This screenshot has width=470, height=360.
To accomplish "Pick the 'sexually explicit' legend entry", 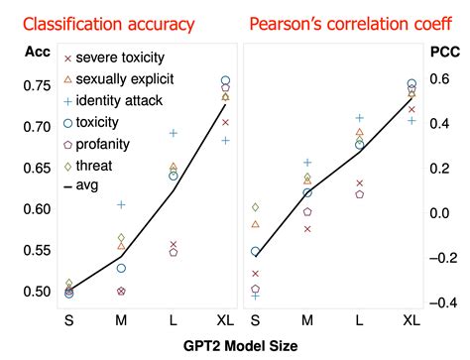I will pos(127,78).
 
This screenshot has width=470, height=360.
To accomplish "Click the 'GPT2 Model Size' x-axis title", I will pos(235,346).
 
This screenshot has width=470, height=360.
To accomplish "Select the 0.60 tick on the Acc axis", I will pos(27,208).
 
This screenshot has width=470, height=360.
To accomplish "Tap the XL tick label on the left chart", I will pos(225,319).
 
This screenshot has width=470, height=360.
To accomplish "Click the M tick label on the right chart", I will pos(307,319).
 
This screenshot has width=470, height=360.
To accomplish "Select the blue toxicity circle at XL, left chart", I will pos(225,80).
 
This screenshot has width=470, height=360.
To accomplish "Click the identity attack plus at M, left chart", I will pos(121,204).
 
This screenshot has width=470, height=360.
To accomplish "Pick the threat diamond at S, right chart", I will pos(255,207).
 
